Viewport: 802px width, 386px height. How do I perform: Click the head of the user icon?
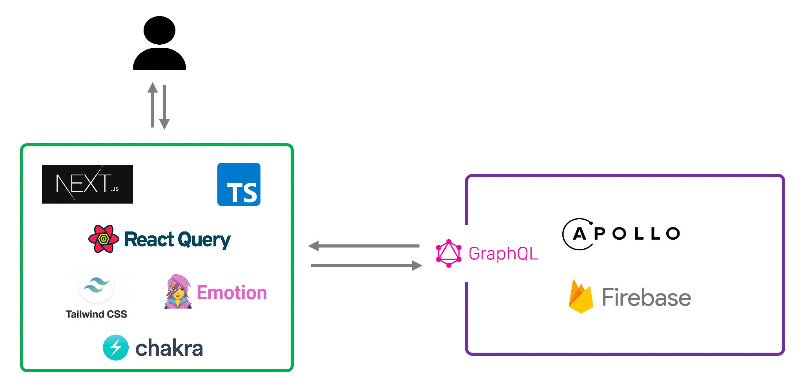click(159, 30)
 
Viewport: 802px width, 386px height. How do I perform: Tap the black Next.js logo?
click(87, 184)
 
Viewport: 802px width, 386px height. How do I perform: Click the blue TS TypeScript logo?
click(239, 184)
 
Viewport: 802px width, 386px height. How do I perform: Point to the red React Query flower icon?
click(104, 239)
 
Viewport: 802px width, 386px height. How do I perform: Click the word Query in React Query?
click(204, 240)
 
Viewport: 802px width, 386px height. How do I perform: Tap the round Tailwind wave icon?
click(97, 285)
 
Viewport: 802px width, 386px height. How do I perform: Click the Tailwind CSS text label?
click(97, 314)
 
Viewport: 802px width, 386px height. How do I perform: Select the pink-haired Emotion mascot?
click(178, 292)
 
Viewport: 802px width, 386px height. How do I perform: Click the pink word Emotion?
click(231, 293)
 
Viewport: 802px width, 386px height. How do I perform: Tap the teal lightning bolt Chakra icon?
click(116, 348)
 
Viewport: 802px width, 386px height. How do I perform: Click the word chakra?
click(169, 348)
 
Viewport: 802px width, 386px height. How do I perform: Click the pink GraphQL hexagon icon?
click(449, 253)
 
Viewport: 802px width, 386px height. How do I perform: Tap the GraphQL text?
click(503, 253)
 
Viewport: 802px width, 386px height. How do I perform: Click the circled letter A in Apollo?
click(579, 234)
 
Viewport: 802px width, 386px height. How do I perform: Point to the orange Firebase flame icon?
click(581, 297)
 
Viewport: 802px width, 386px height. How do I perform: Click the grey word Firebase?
click(646, 297)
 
